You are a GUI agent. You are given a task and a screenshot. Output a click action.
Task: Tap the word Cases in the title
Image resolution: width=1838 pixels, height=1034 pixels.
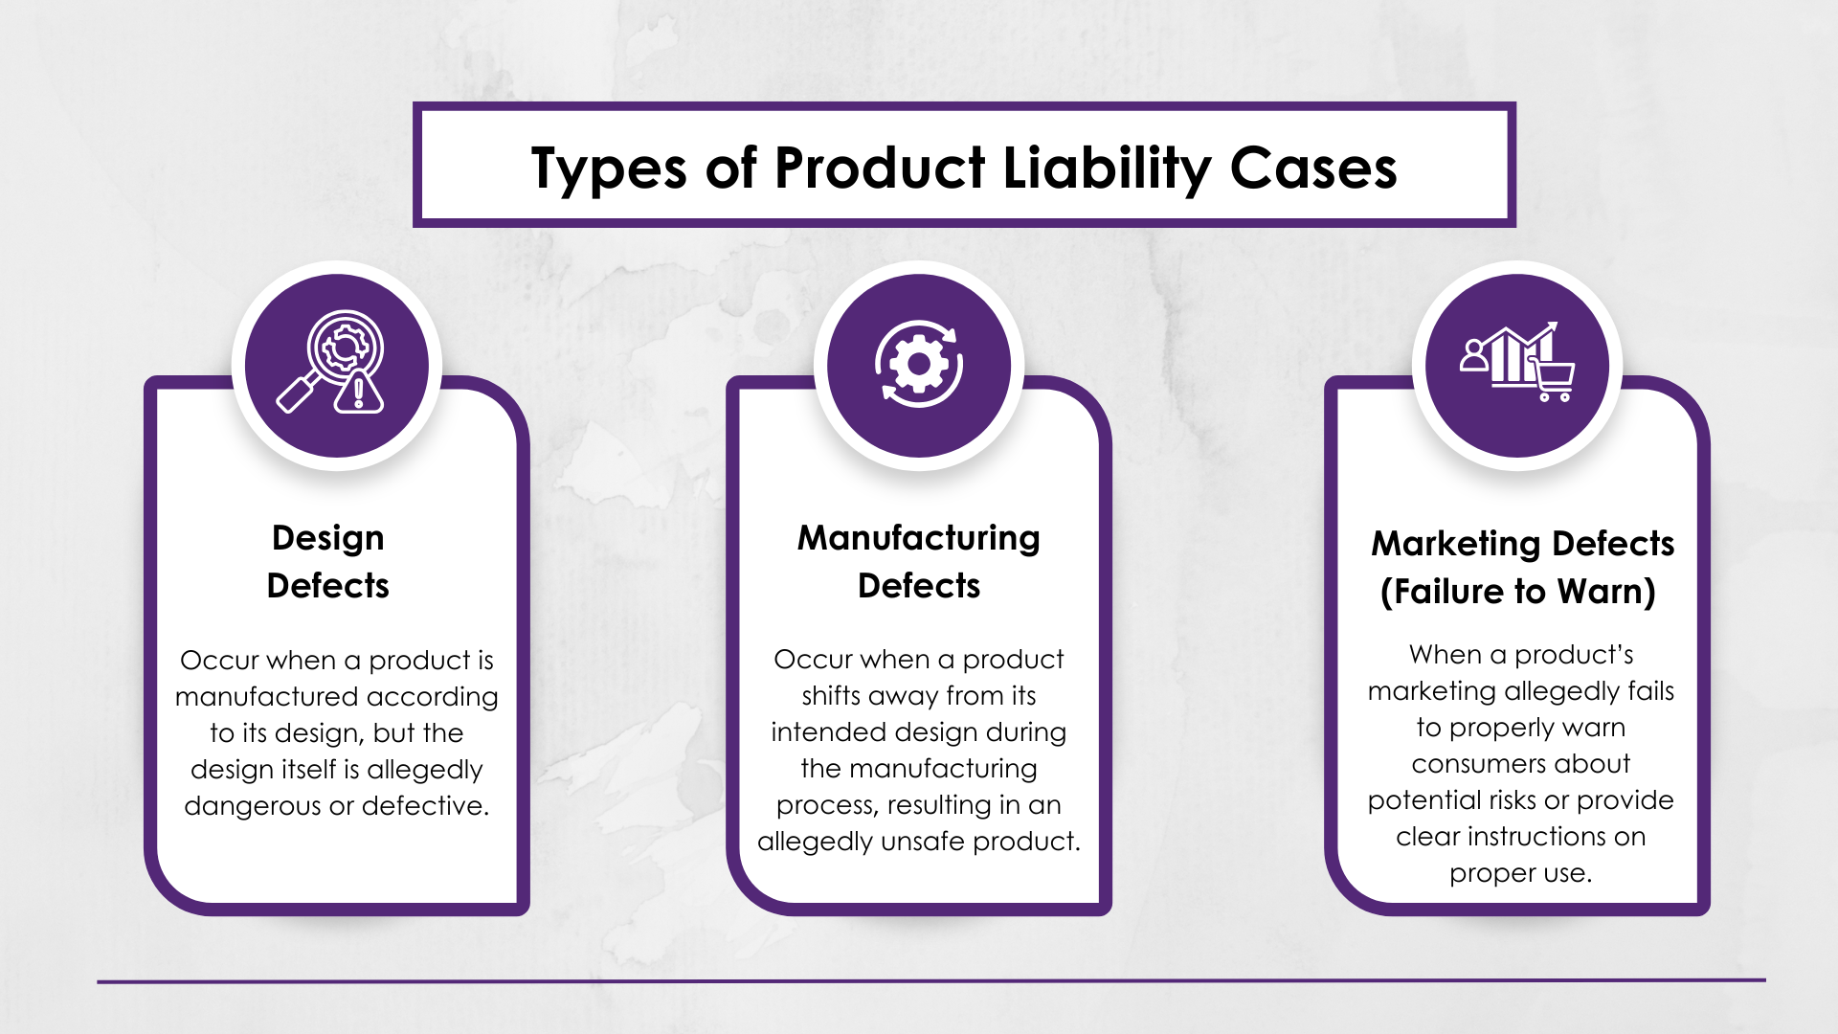coord(1312,169)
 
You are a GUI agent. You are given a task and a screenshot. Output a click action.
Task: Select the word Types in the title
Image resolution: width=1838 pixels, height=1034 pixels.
coord(609,170)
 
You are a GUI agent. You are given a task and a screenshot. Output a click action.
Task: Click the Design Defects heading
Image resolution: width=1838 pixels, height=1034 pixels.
coord(327,561)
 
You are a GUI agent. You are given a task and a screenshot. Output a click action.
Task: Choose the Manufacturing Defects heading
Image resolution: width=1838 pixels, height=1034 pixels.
coord(919,561)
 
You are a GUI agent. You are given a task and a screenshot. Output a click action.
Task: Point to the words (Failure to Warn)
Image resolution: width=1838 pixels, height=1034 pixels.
coord(1518,592)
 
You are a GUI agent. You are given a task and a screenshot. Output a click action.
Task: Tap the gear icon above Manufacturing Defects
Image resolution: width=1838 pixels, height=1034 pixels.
coord(918,364)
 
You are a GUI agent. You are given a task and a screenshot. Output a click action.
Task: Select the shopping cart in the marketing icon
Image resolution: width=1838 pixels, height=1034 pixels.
coord(1551,379)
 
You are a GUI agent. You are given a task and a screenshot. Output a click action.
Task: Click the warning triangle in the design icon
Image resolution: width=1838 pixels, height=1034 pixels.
coord(359,391)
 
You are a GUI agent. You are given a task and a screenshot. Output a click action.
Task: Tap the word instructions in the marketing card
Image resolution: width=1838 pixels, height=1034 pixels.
coord(1536,837)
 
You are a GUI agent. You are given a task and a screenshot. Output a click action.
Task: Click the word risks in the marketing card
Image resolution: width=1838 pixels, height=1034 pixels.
coord(1513,800)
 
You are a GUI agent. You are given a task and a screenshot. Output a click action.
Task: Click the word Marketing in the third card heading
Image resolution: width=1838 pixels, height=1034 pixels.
coord(1457,544)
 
